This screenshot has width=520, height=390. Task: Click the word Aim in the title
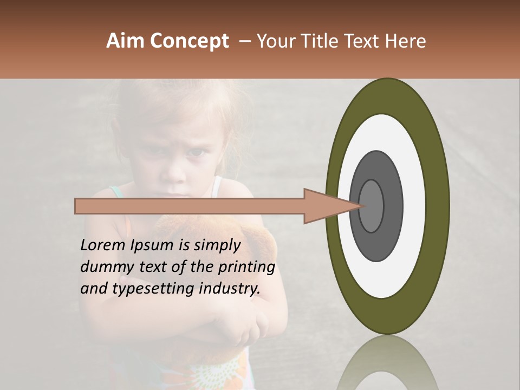pyautogui.click(x=125, y=41)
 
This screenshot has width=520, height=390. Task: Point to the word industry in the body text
pyautogui.click(x=230, y=288)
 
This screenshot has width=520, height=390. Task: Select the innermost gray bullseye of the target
pyautogui.click(x=372, y=206)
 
